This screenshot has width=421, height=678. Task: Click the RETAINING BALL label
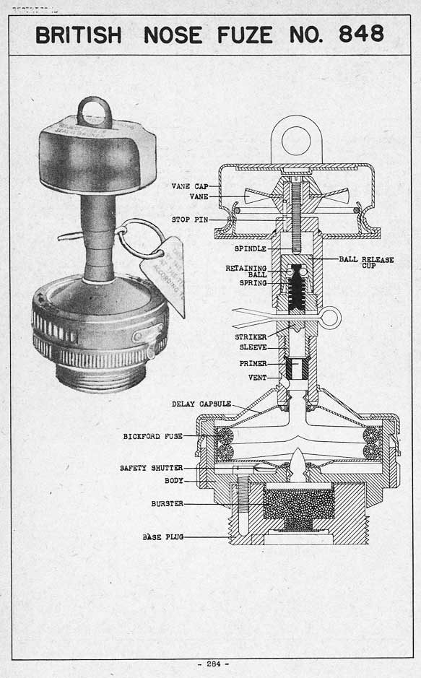pos(246,271)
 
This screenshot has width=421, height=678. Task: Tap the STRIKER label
pos(251,336)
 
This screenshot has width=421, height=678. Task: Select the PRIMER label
pos(253,364)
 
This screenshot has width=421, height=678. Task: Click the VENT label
pos(257,378)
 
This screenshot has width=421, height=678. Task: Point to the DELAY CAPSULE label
pos(201,404)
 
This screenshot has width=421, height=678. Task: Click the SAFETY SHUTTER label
pos(151,468)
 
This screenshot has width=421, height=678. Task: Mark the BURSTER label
pos(167,503)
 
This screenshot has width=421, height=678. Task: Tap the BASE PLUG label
pos(162,536)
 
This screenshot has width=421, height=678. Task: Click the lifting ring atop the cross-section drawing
pos(295,140)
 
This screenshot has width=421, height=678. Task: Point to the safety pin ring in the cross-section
pos(330,318)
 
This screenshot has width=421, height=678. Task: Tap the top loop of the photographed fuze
pos(95,113)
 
